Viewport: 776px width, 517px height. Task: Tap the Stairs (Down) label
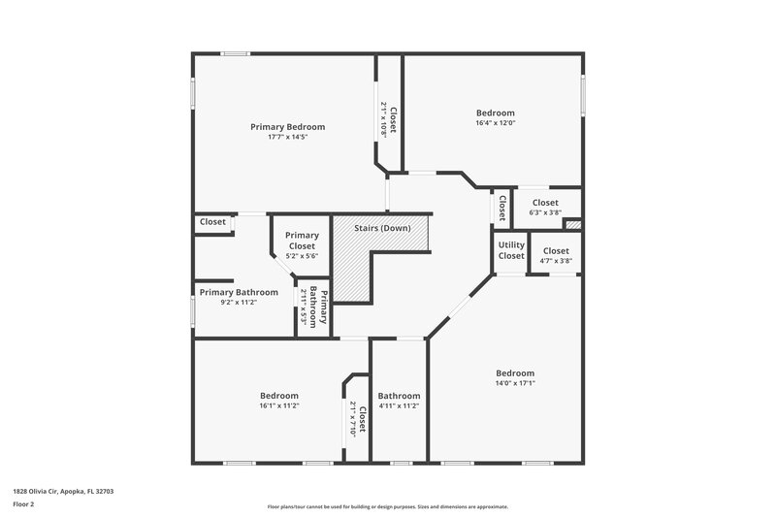[381, 228]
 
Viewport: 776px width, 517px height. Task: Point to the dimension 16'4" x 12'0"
[495, 123]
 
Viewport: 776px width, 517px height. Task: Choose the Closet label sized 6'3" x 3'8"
[545, 203]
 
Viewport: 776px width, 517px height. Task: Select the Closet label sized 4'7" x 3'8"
[556, 251]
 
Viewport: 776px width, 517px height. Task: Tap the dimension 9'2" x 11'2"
[239, 302]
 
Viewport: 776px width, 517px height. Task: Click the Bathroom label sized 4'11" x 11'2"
[399, 396]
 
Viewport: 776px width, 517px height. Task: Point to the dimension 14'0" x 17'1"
[515, 383]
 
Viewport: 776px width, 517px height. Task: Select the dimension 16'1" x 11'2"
[278, 405]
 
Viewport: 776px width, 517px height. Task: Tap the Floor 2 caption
[24, 504]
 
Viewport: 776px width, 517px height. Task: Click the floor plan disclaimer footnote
[388, 506]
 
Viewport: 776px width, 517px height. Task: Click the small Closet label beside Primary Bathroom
[212, 222]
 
